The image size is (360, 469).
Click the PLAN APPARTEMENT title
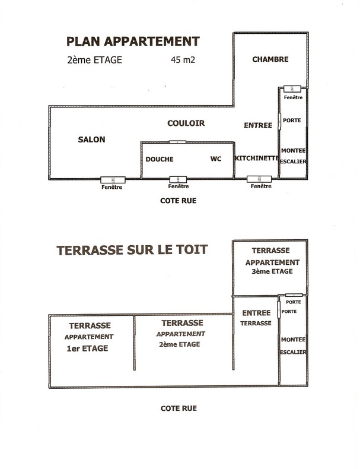[133, 42]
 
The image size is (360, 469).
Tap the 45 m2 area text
[183, 60]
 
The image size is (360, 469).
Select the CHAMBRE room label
[270, 59]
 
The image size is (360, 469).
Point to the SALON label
[91, 140]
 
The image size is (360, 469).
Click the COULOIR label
[186, 123]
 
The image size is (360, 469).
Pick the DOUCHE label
[160, 159]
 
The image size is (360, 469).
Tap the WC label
[216, 159]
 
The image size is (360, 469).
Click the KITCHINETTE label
[257, 158]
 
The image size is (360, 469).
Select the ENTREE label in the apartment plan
[258, 125]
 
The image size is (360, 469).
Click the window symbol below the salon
[113, 180]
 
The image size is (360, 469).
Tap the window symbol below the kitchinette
[259, 179]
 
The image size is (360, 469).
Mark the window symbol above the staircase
[292, 89]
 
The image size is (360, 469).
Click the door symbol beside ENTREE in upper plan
[279, 122]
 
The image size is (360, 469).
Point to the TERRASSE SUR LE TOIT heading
[132, 250]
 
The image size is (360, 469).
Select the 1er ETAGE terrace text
[87, 348]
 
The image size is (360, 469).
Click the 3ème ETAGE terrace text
[272, 271]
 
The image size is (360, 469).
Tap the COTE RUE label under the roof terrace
[179, 408]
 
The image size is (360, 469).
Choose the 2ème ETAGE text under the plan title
[95, 60]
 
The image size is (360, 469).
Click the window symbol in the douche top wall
[177, 142]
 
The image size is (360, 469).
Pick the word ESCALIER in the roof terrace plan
[293, 352]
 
